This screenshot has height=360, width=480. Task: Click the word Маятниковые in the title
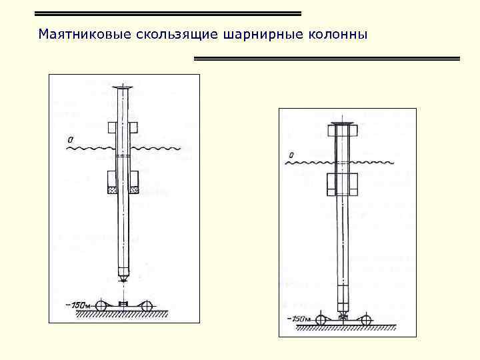(x=77, y=33)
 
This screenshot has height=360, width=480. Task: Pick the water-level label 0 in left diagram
(x=70, y=140)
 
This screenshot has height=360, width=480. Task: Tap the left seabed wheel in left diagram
(x=101, y=306)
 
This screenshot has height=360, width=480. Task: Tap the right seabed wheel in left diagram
(x=147, y=306)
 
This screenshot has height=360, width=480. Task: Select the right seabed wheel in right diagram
(x=366, y=319)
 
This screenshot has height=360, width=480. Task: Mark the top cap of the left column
(x=124, y=88)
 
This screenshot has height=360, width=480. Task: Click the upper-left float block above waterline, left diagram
(x=112, y=127)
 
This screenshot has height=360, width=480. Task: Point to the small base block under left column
(x=123, y=305)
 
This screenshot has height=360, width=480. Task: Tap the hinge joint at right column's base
(x=343, y=311)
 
